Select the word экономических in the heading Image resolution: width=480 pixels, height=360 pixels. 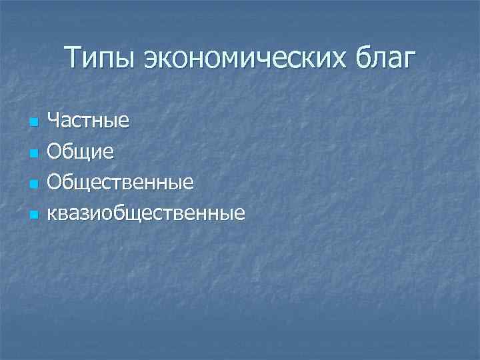[243, 59]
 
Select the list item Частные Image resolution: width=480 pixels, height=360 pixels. [88, 121]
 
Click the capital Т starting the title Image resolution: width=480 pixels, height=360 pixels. [75, 57]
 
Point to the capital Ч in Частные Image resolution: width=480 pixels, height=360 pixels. [55, 121]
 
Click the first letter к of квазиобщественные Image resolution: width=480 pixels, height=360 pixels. [53, 214]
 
